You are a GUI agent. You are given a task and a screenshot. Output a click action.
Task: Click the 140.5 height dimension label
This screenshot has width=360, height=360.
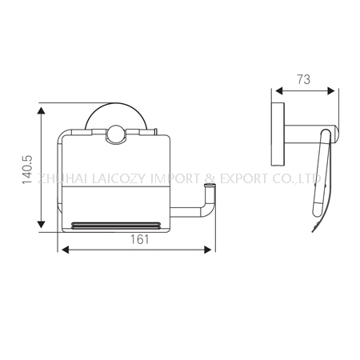[x=27, y=170]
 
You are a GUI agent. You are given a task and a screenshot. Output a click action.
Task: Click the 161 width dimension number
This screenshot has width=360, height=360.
[x=139, y=239]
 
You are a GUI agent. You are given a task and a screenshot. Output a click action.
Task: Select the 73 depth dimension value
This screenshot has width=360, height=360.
[x=303, y=79]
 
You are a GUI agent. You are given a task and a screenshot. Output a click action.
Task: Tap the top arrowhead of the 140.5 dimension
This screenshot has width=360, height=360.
[x=41, y=110]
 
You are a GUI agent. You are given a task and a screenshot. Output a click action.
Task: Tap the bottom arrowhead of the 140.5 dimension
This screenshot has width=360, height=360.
[x=41, y=224]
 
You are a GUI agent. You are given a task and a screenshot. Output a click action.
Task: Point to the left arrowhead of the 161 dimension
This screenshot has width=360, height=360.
[x=66, y=250]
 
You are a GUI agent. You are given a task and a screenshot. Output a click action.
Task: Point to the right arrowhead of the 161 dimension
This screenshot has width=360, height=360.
[x=208, y=250]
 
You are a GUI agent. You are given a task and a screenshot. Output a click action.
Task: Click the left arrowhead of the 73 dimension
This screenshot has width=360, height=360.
[x=279, y=91]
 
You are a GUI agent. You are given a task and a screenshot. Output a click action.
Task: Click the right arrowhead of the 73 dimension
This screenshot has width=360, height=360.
[x=331, y=91]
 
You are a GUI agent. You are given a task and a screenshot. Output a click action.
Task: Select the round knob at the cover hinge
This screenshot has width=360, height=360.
[x=116, y=134]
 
